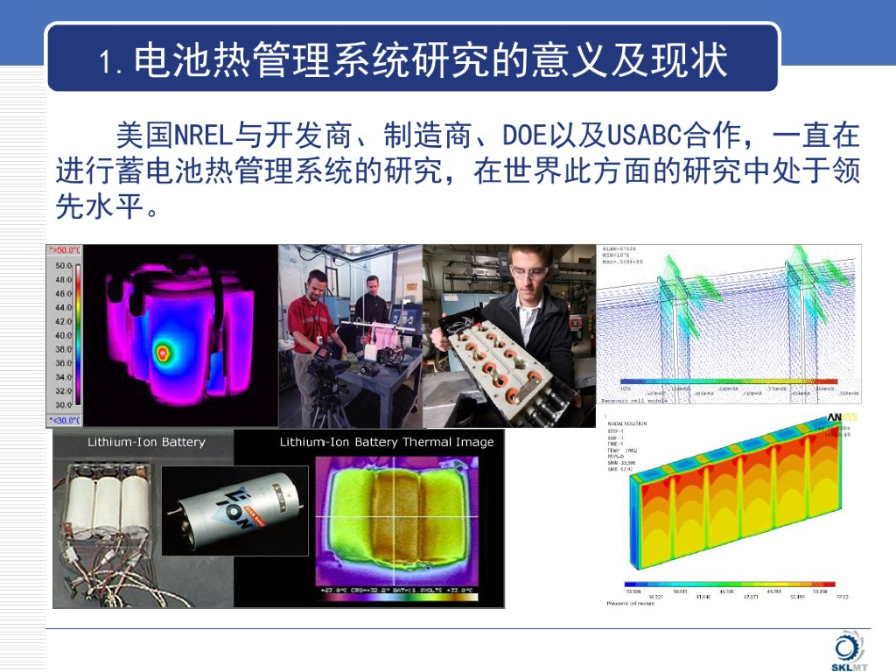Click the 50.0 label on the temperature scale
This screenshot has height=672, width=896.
pyautogui.click(x=64, y=265)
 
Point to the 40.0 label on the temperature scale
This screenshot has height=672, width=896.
pyautogui.click(x=64, y=335)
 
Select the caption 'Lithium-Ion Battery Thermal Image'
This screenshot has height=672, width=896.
pyautogui.click(x=387, y=442)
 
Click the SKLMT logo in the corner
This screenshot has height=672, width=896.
pyautogui.click(x=847, y=652)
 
